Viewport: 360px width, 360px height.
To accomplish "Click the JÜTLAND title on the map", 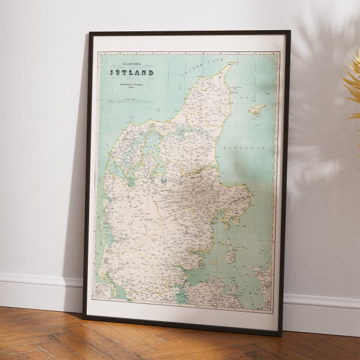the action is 130,73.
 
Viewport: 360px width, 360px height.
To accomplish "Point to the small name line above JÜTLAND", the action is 130,61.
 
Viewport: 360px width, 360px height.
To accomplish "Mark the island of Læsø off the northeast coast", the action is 257,109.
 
